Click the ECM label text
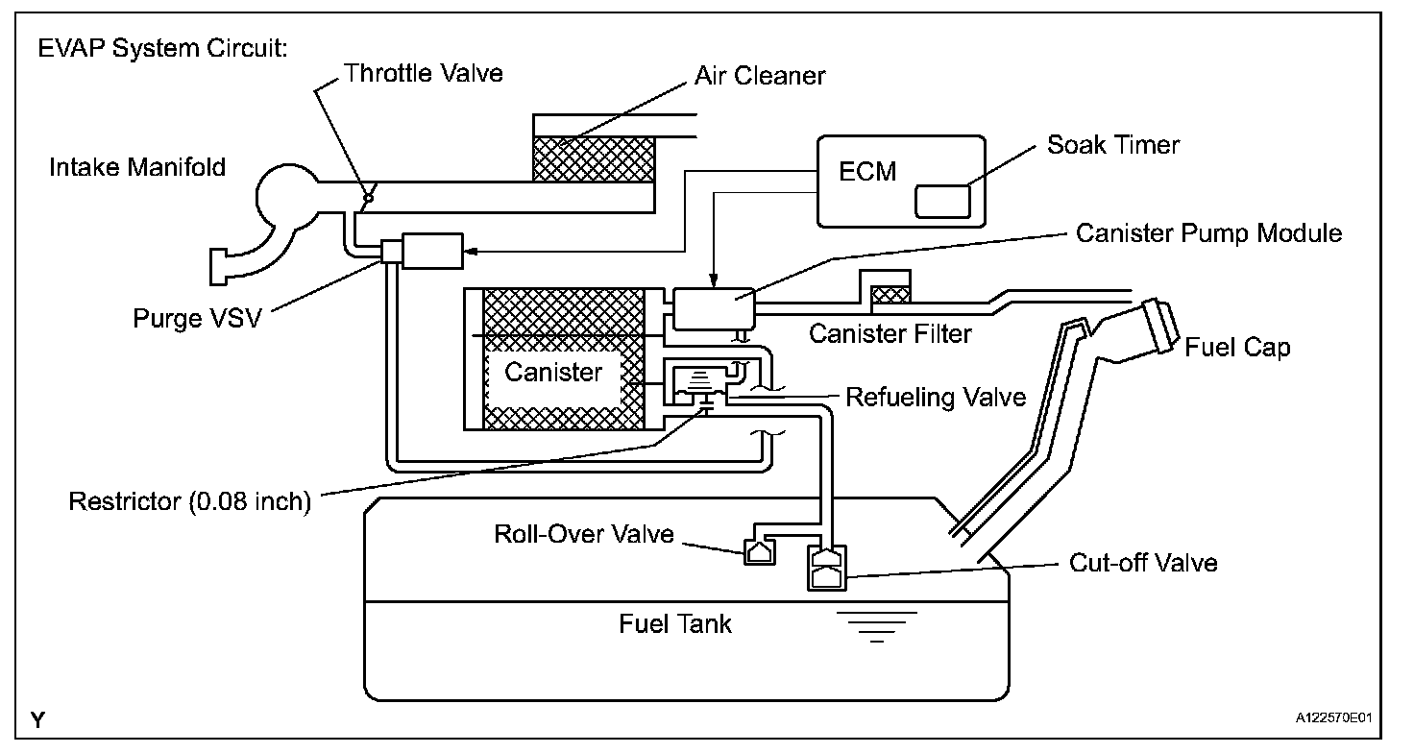(x=867, y=172)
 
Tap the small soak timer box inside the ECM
(x=942, y=202)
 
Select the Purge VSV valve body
(x=432, y=252)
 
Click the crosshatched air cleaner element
(x=594, y=159)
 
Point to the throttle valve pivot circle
(x=369, y=198)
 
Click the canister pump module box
(x=714, y=308)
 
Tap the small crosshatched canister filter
(x=890, y=295)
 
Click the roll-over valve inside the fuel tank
(x=760, y=552)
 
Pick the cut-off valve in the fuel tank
(x=827, y=568)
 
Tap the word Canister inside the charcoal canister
(x=553, y=373)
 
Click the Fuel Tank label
(x=674, y=623)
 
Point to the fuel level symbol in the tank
(x=877, y=627)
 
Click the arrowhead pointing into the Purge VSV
(x=471, y=252)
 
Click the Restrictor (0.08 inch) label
(x=190, y=501)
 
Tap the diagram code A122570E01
(x=1334, y=717)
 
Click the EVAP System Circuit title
(x=163, y=48)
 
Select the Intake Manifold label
(x=137, y=167)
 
